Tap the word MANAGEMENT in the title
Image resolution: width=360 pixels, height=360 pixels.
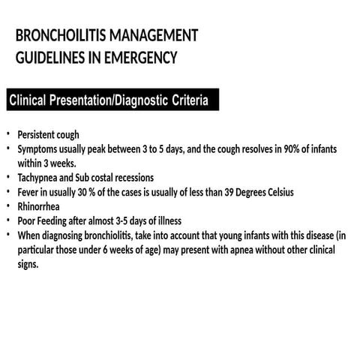point(154,35)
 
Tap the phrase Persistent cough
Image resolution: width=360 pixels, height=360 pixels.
point(49,135)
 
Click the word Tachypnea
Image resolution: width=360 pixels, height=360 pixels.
point(41,178)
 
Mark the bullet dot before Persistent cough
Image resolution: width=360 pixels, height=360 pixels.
point(9,134)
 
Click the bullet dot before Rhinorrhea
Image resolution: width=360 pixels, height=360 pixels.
point(9,205)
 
